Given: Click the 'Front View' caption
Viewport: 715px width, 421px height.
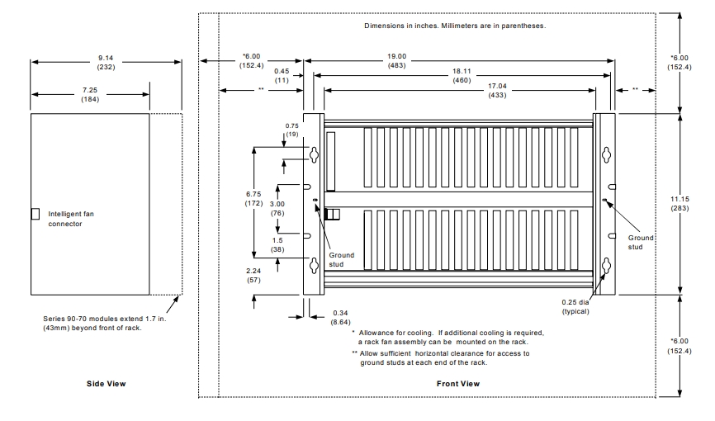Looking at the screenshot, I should point(458,384).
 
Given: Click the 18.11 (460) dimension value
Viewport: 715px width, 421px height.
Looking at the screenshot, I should point(460,77).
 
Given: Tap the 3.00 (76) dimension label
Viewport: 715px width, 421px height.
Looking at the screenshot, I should point(280,207).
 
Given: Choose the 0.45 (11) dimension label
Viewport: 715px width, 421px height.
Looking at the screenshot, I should point(281,75).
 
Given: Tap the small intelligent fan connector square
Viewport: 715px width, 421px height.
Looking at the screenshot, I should point(35,214).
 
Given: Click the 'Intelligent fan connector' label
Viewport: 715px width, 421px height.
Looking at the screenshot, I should point(71,218).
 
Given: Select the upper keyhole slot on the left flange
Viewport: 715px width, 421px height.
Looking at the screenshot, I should point(315,154).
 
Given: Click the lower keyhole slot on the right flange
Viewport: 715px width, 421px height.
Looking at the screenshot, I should point(605,266).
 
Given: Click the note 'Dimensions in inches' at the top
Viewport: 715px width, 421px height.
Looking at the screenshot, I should point(455,26).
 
